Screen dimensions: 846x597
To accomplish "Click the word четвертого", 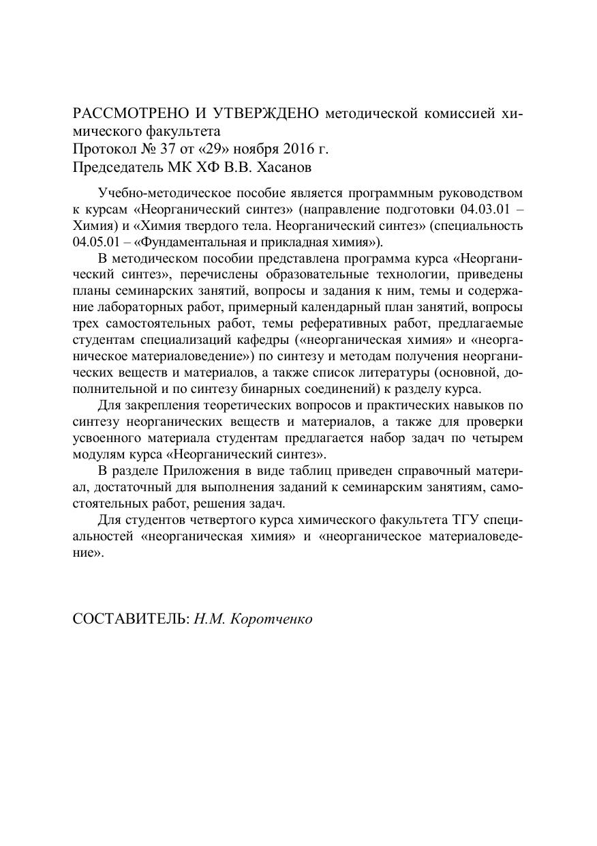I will [221, 521].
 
